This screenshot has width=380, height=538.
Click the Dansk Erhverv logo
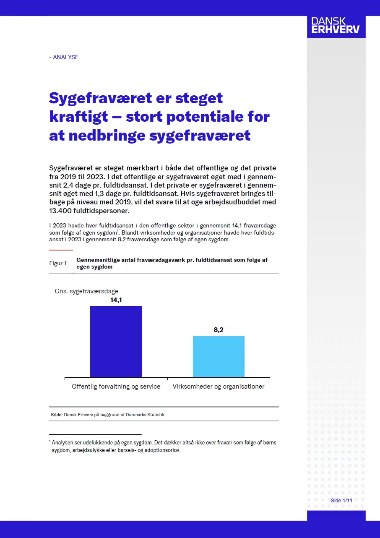pyautogui.click(x=336, y=26)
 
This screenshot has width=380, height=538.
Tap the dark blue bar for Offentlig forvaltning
pyautogui.click(x=116, y=342)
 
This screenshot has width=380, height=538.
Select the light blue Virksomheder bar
pyautogui.click(x=219, y=357)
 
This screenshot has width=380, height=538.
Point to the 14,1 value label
pyautogui.click(x=116, y=300)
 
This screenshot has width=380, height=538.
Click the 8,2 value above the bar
pyautogui.click(x=219, y=330)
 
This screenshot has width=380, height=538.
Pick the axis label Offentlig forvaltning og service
pyautogui.click(x=116, y=387)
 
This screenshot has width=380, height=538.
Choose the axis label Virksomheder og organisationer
pyautogui.click(x=219, y=387)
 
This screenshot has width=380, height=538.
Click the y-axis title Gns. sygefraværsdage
pyautogui.click(x=86, y=291)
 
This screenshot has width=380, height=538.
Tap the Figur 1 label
pyautogui.click(x=58, y=263)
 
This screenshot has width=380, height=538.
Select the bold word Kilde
pyautogui.click(x=57, y=415)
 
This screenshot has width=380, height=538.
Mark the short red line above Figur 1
pyautogui.click(x=61, y=250)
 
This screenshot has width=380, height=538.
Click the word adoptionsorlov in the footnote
pyautogui.click(x=163, y=451)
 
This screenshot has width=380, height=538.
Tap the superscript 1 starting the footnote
pyautogui.click(x=50, y=441)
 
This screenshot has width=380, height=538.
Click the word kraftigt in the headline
pyautogui.click(x=79, y=116)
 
